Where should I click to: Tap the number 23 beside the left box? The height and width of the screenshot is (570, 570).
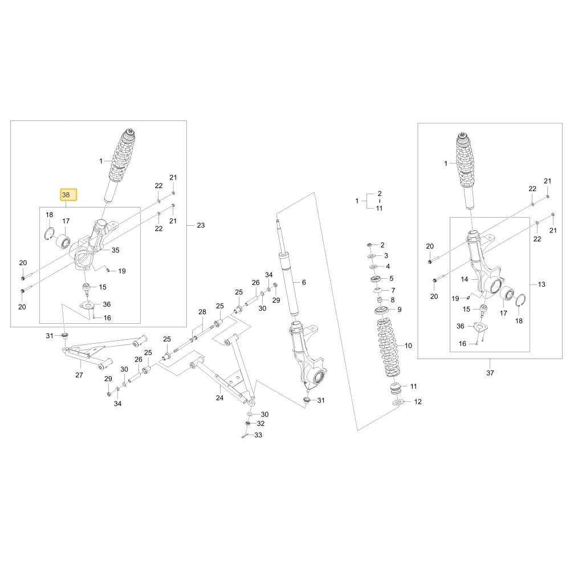point(201,225)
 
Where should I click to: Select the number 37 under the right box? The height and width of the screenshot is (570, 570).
point(490,373)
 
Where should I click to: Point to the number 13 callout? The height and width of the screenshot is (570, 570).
point(541,284)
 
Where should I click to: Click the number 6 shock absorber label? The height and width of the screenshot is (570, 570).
point(304,282)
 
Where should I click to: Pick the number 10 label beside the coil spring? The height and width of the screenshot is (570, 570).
point(408,346)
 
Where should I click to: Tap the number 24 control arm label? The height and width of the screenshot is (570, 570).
point(219,398)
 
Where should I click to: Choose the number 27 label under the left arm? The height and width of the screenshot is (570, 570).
point(79,375)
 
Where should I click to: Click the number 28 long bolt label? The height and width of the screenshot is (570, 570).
point(202,312)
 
